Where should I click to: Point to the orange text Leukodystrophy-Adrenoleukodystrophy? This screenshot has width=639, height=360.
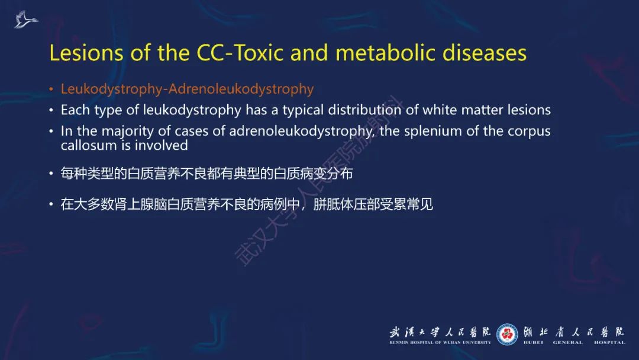(x=187, y=89)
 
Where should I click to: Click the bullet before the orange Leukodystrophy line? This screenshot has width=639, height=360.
(x=51, y=90)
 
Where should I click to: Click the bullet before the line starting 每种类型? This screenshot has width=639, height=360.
(x=51, y=174)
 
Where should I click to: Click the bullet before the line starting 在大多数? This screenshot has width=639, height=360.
(x=51, y=205)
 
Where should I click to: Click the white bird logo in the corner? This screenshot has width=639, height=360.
(x=26, y=20)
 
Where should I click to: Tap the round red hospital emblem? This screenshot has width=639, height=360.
(x=507, y=335)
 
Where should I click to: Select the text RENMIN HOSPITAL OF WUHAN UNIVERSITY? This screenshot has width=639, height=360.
(x=440, y=342)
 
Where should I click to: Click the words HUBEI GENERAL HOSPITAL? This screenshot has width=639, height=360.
(x=573, y=342)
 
